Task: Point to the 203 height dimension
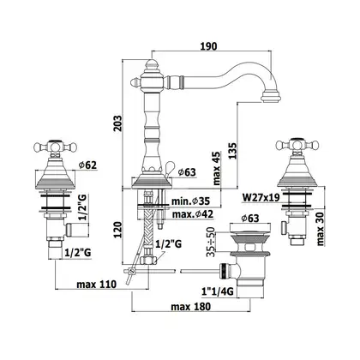[x=117, y=123]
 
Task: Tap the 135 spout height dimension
[x=232, y=151]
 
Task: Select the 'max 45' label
[x=217, y=168]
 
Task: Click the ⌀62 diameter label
[x=87, y=165]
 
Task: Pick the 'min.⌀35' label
[x=190, y=201]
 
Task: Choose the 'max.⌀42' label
[x=193, y=213]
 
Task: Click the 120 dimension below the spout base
[x=117, y=230]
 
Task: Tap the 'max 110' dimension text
[x=97, y=285]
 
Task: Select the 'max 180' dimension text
[x=191, y=307]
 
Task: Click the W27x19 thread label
[x=261, y=197]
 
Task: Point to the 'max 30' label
[x=321, y=229]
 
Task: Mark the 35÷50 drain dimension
[x=211, y=242]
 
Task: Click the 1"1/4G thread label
[x=218, y=291]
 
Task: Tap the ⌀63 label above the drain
[x=250, y=219]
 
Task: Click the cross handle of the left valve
[x=56, y=147]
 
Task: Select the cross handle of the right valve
[x=297, y=145]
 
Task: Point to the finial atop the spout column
[x=151, y=64]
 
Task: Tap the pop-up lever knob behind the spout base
[x=169, y=165]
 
